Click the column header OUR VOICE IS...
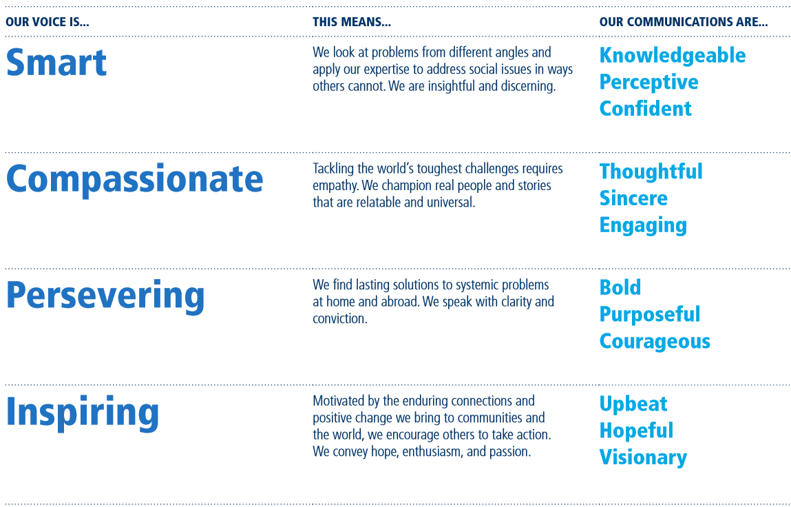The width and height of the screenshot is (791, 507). [48, 22]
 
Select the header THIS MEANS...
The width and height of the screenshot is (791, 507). [352, 22]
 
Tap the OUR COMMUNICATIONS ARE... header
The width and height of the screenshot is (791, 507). [684, 22]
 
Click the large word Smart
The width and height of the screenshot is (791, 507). [56, 62]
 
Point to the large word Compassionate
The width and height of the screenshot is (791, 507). [135, 180]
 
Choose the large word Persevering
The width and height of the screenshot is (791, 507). [105, 296]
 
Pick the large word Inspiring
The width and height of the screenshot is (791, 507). [83, 413]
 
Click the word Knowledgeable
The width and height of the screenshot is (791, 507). [673, 56]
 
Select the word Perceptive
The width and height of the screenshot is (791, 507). [648, 82]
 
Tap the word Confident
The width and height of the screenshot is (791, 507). [646, 109]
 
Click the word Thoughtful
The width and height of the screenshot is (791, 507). [651, 172]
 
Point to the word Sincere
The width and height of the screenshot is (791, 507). [633, 198]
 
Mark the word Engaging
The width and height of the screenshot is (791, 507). [643, 225]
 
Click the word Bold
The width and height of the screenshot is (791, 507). [620, 287]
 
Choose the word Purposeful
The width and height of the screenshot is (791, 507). [650, 315]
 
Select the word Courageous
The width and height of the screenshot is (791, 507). [655, 342]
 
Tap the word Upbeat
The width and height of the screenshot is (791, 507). [633, 404]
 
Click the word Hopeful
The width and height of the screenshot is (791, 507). [637, 431]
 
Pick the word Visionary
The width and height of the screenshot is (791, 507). [643, 457]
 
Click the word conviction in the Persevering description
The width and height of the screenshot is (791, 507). [339, 319]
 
